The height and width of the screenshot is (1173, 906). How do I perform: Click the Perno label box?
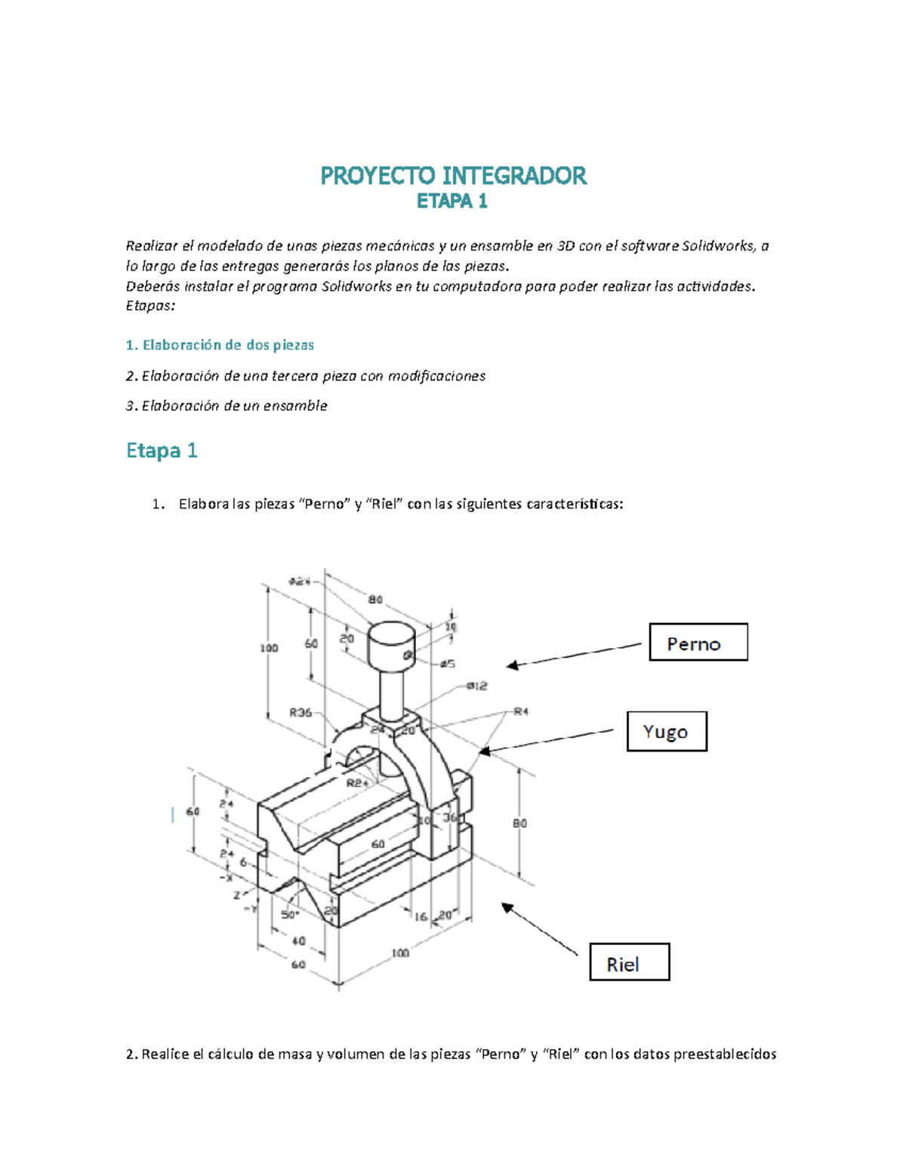coord(698,643)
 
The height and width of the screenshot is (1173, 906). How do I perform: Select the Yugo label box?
coord(667,731)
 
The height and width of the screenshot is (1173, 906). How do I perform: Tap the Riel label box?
coord(630,962)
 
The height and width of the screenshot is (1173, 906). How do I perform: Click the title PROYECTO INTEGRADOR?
coord(453,176)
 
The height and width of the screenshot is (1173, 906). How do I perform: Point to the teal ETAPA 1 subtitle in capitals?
coord(452,201)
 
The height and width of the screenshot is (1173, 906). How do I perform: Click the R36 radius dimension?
coord(300,712)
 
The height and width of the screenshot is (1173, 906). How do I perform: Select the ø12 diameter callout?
coord(476,686)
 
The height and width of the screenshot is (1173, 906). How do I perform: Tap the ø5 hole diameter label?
coord(447,663)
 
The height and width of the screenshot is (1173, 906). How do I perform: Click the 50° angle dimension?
coord(290,915)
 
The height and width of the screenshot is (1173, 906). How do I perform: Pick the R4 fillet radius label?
coord(521,711)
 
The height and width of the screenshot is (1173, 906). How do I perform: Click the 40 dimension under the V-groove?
coord(298,940)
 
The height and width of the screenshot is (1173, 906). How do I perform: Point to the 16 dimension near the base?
coord(421,916)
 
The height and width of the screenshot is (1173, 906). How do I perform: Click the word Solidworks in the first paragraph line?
coord(717,245)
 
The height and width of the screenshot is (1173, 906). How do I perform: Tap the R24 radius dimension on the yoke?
coord(357,783)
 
